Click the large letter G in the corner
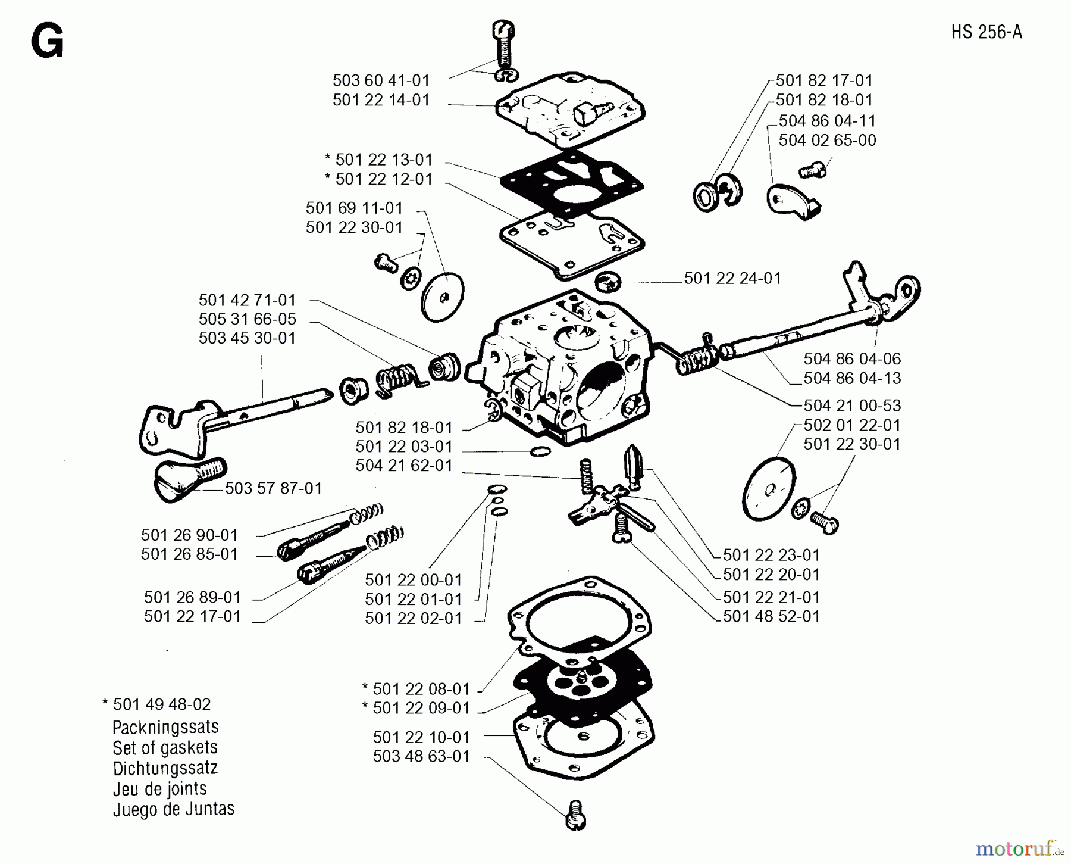[x=47, y=43]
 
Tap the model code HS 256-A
[x=986, y=32]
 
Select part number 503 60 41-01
[x=381, y=80]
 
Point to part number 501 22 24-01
[x=732, y=279]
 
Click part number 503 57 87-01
[x=273, y=489]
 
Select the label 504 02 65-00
[x=827, y=141]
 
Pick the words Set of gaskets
[x=165, y=748]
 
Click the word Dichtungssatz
[x=165, y=768]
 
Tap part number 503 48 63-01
[x=421, y=757]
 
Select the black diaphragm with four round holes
[x=580, y=685]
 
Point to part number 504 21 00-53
[x=851, y=406]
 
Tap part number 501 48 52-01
[x=771, y=616]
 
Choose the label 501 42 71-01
[x=247, y=300]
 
